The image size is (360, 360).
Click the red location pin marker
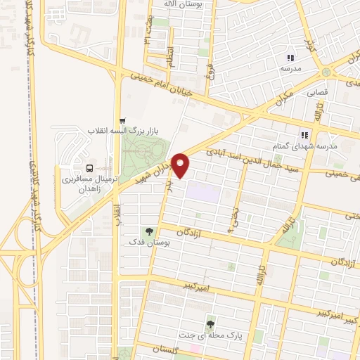181,165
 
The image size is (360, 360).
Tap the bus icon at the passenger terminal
89,168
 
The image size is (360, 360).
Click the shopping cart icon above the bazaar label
123,120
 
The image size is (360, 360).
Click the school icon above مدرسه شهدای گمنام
304,134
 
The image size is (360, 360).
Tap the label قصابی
315,91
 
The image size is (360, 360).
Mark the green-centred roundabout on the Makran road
326,73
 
